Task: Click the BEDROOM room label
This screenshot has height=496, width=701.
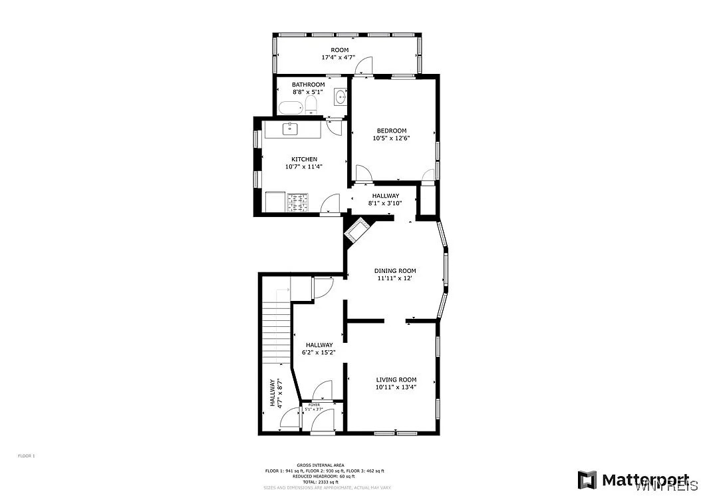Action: coord(391,130)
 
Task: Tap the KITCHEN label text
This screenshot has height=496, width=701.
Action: coord(303,159)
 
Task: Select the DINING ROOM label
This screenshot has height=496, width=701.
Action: coord(395,271)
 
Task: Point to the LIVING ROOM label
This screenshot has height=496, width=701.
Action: coord(396,379)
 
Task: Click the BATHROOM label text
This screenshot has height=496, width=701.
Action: coord(308,85)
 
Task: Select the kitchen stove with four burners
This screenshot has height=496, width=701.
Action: coord(298,202)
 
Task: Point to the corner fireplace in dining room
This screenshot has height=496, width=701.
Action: coord(357,231)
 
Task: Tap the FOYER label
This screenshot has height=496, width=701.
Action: coord(314,404)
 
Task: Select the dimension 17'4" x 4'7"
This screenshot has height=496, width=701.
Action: coord(339,58)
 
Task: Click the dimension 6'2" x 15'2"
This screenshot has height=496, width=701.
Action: coord(319,353)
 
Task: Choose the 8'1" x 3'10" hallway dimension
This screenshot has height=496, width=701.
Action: coord(386,204)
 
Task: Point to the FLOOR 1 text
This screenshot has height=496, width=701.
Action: coord(26,455)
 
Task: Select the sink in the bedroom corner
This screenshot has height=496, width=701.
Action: coord(341,97)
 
